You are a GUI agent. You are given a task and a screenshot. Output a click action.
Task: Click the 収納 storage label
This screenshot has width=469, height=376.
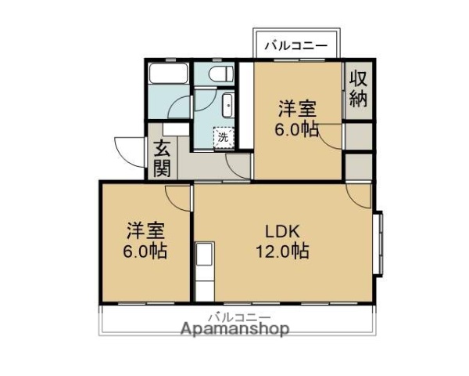point(359,89)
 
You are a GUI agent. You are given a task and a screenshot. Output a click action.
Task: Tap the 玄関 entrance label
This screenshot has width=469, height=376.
point(163,157)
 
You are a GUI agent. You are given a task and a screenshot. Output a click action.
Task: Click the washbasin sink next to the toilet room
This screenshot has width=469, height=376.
point(227,103)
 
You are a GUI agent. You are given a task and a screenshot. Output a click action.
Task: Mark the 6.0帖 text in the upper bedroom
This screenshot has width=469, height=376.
point(297,129)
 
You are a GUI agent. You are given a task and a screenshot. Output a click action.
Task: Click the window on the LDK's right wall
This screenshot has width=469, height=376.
point(379,243)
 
